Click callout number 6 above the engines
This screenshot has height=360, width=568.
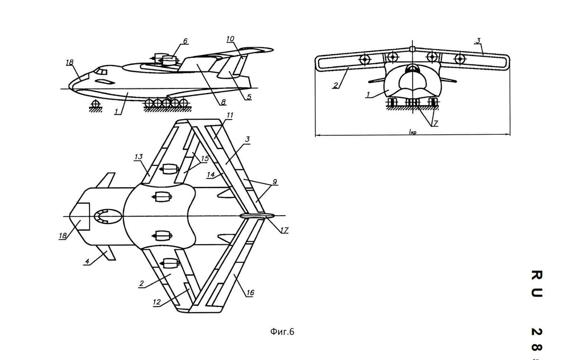point(185,41)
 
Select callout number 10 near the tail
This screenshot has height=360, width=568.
point(231,39)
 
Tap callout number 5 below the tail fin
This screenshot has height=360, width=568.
point(249,97)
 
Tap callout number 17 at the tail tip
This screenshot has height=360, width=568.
point(284,230)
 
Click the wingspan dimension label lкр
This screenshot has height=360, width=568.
point(411,133)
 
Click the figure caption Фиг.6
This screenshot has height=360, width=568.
point(283,332)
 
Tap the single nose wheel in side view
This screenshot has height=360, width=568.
point(96,104)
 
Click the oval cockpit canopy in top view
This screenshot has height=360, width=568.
point(107,216)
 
